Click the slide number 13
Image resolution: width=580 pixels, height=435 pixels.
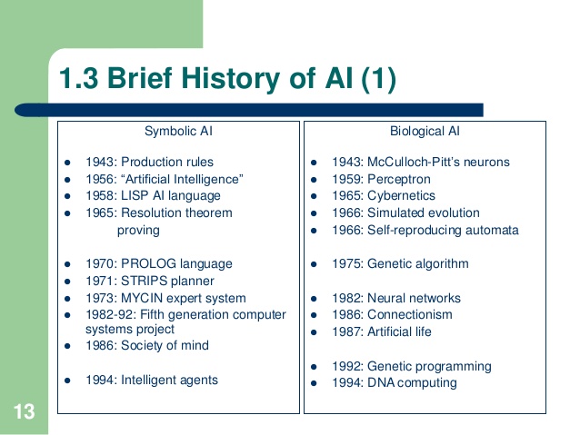pos(24,411)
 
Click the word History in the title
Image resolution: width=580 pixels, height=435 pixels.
pos(230,78)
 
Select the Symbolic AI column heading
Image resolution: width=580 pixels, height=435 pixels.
pos(178,131)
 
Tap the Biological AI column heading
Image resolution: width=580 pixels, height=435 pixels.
pos(425,131)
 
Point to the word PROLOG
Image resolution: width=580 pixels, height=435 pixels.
pos(148,263)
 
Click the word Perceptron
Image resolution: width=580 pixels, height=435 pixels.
pos(399,180)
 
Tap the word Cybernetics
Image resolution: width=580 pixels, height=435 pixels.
pos(401,195)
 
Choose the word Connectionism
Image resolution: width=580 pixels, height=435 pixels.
pos(409,314)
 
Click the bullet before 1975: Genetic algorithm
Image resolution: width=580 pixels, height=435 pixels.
pos(314,264)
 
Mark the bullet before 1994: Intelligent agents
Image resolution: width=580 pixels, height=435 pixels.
pos(67,381)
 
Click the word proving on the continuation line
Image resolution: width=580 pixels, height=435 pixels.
pos(138,231)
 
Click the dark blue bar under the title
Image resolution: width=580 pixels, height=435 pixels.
pos(249,110)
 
